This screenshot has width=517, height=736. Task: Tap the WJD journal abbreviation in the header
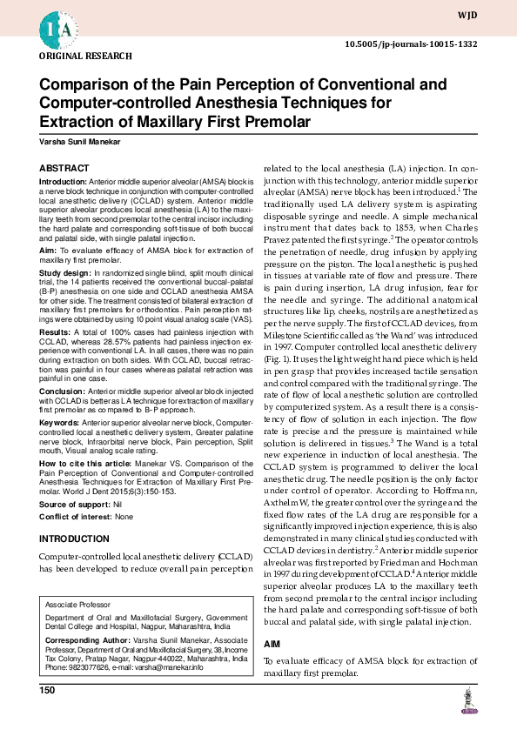coord(493,16)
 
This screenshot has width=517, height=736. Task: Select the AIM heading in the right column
coord(272,643)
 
